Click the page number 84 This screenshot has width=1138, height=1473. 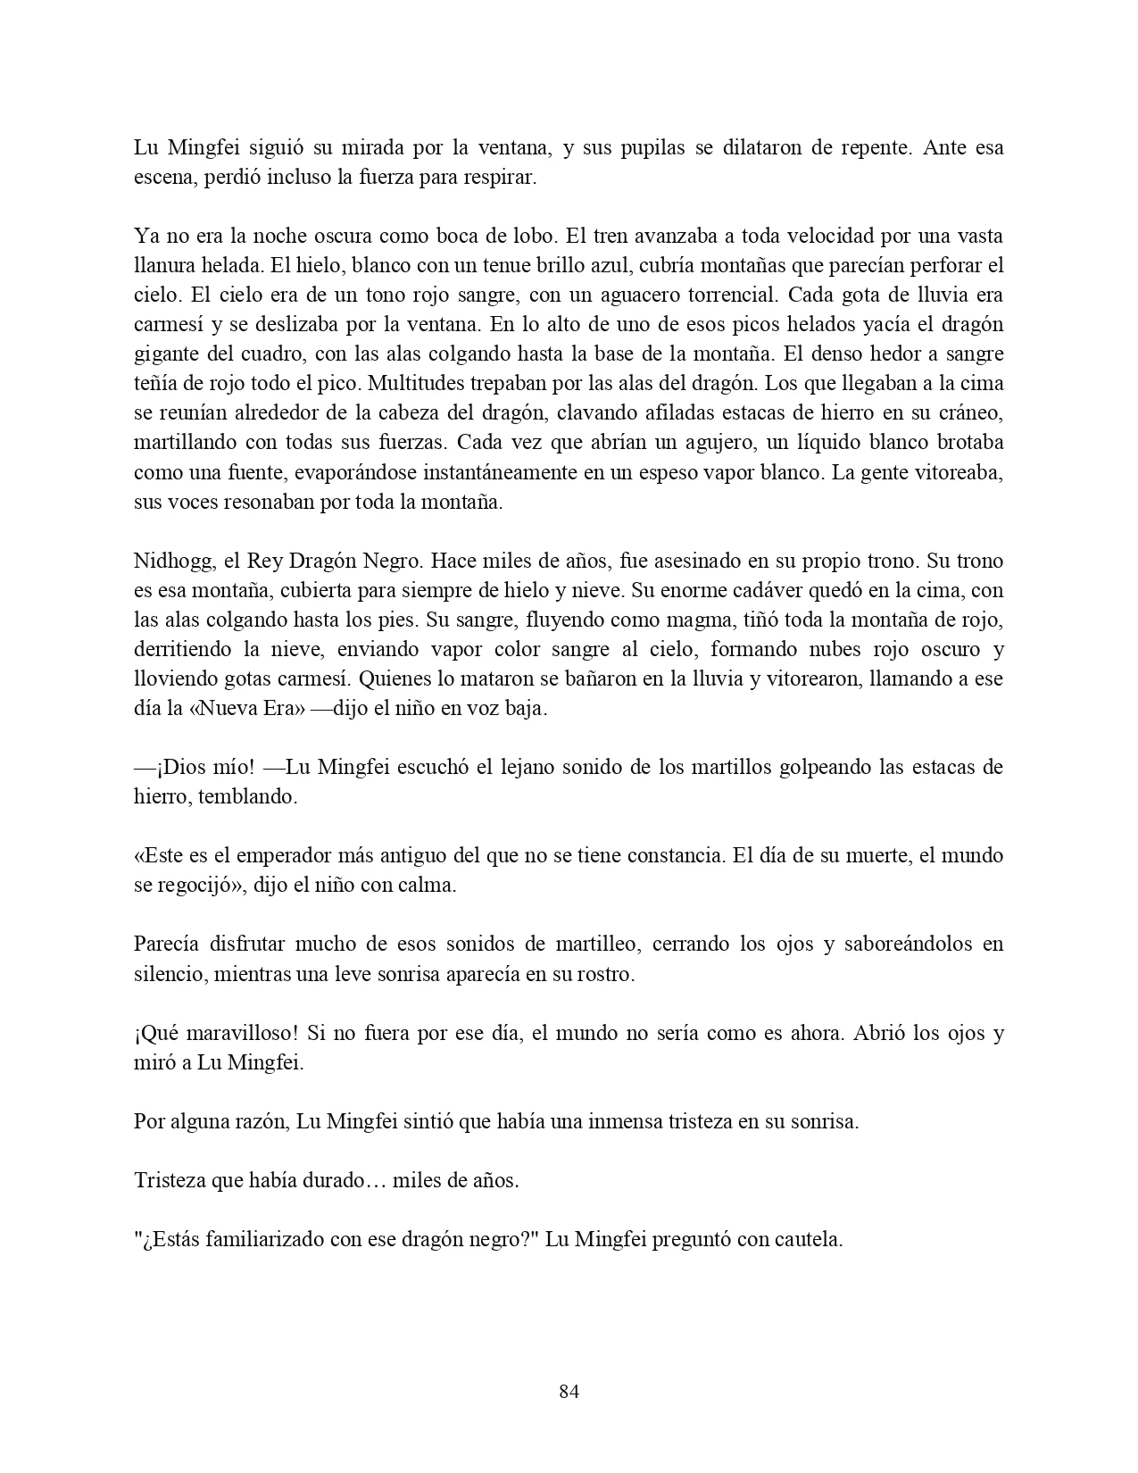click(x=569, y=1391)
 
